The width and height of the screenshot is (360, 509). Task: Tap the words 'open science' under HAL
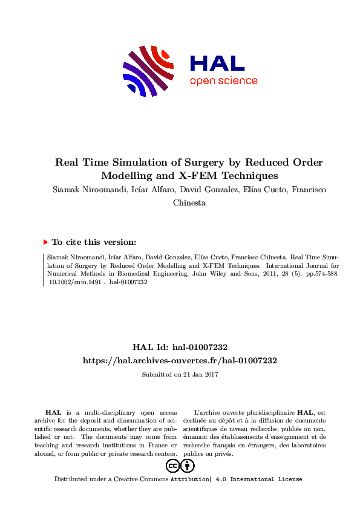coord(223,81)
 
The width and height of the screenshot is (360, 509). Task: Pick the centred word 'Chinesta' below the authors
coord(189,203)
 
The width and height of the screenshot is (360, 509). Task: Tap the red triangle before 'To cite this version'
coord(45,242)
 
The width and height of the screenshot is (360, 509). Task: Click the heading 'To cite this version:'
coord(94,242)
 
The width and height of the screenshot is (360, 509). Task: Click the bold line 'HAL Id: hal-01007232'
coord(180,347)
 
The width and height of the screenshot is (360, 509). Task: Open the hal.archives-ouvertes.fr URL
coord(180,360)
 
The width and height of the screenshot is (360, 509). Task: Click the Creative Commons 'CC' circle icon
coord(172,465)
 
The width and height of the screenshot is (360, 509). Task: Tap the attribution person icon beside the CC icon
coord(188,465)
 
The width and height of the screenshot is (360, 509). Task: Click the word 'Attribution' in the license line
coord(189,479)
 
